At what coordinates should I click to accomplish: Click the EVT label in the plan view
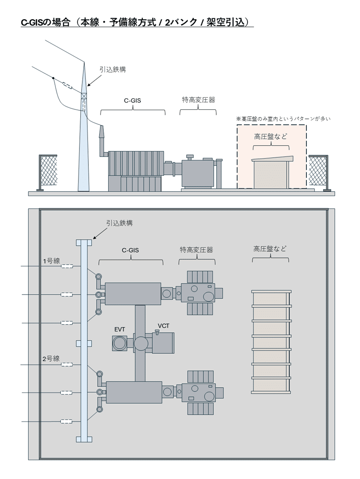click(x=120, y=329)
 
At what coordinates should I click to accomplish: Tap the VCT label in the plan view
click(x=163, y=326)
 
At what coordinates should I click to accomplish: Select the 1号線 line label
click(x=51, y=261)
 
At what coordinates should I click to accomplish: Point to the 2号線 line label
click(x=51, y=358)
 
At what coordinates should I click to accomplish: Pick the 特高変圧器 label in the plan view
click(x=197, y=250)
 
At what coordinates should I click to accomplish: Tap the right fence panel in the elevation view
click(x=318, y=171)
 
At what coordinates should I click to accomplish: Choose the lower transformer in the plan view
click(x=201, y=392)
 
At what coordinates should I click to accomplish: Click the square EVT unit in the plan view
click(x=120, y=343)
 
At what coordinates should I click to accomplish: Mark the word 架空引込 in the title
click(x=228, y=22)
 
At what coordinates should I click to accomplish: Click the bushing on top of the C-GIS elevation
click(x=102, y=133)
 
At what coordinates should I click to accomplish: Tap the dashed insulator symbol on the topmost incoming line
click(x=66, y=266)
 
